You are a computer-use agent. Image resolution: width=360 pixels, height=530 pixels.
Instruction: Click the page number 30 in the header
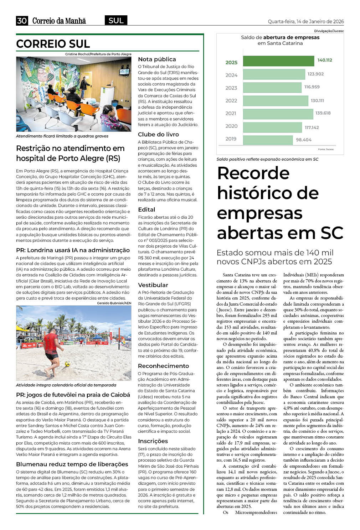coord(22,21)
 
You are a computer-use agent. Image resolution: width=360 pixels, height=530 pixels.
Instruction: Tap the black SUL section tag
coord(116,21)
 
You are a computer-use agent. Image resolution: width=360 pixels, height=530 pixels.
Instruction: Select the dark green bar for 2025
coord(278,61)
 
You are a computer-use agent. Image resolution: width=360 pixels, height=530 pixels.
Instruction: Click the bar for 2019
coord(267,139)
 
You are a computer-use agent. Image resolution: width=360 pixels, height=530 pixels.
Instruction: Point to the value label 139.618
coord(323,113)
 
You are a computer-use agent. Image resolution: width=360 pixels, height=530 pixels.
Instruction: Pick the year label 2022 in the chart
coord(231,101)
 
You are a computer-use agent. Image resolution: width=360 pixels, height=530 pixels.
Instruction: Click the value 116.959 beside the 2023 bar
coord(312,87)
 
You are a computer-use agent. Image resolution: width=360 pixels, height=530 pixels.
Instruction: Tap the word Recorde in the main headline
coord(253,173)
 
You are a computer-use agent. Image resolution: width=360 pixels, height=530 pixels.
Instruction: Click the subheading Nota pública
coord(157,59)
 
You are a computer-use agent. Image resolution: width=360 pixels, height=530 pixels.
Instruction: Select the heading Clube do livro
coord(158,135)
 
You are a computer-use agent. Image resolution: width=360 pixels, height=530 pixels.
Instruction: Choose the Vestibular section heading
coord(153,285)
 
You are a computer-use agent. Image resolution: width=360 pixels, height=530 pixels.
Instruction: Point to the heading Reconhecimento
coord(163,366)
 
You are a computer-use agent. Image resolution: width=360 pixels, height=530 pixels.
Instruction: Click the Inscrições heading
coord(153,441)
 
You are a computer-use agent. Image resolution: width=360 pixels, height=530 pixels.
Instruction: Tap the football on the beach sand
coord(67,364)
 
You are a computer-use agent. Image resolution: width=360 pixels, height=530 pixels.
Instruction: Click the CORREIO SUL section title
coord(53,44)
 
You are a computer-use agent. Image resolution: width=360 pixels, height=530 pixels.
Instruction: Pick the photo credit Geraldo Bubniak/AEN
coord(114,303)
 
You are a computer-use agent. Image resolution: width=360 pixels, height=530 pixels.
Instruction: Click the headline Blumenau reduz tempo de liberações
coord(72,464)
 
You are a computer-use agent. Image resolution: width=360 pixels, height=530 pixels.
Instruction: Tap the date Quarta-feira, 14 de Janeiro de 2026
coord(306,21)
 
